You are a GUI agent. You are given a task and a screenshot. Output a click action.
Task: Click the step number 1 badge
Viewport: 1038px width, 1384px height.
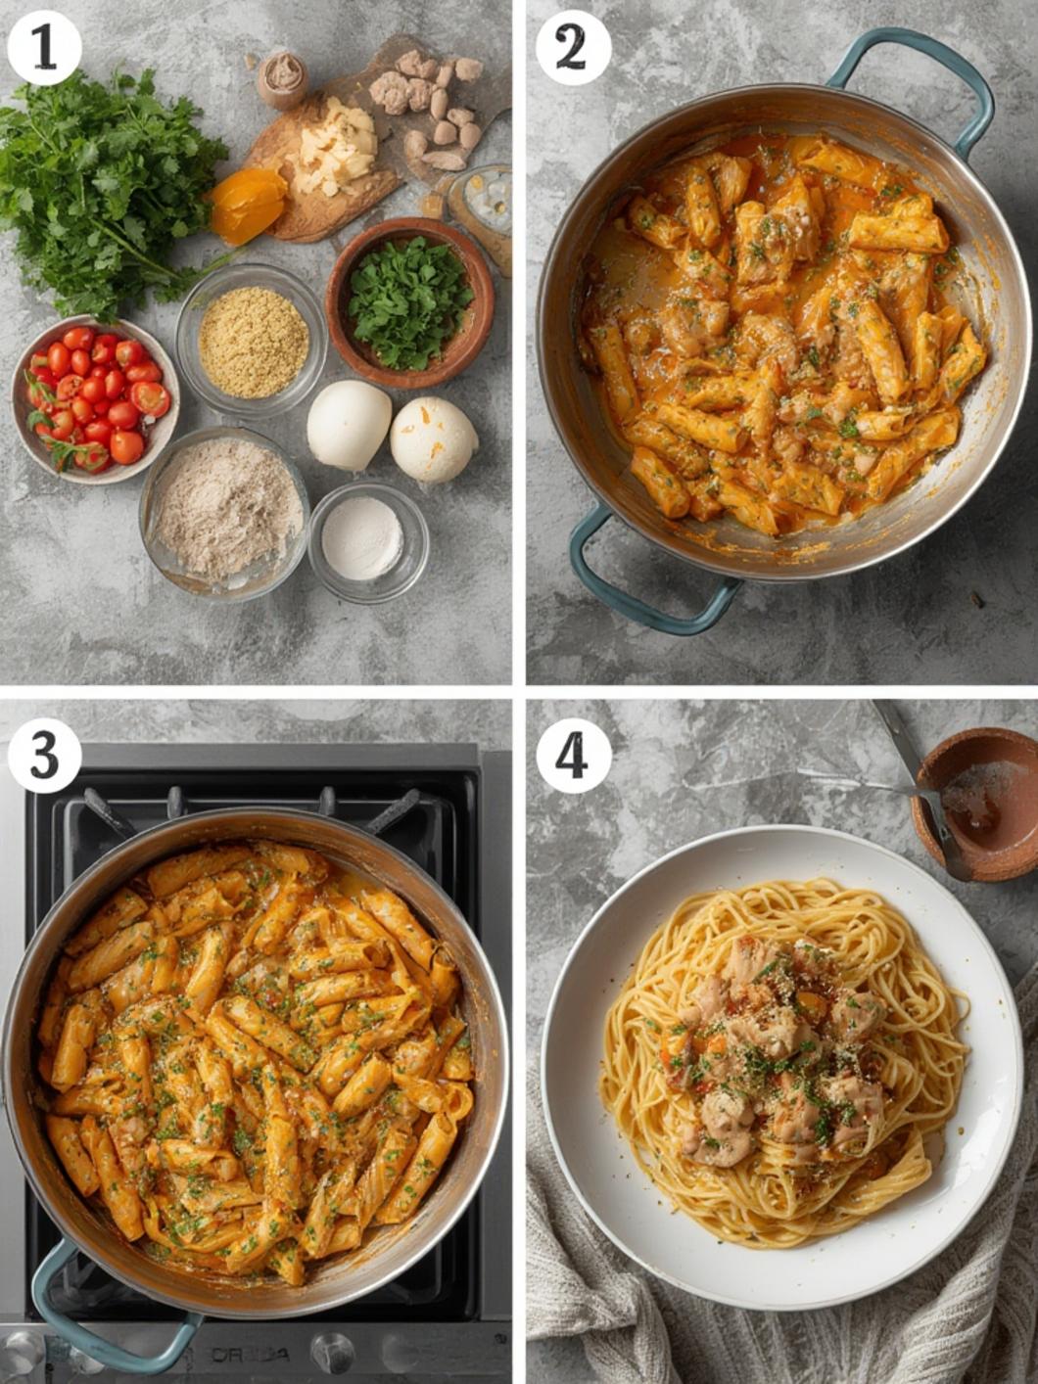(44, 48)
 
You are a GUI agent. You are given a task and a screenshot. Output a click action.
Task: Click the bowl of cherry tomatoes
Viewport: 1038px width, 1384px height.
(94, 398)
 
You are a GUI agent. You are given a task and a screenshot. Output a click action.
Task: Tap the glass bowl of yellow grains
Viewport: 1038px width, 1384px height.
(253, 342)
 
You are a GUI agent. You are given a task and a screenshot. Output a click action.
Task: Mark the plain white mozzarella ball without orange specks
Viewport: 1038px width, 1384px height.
(349, 425)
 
